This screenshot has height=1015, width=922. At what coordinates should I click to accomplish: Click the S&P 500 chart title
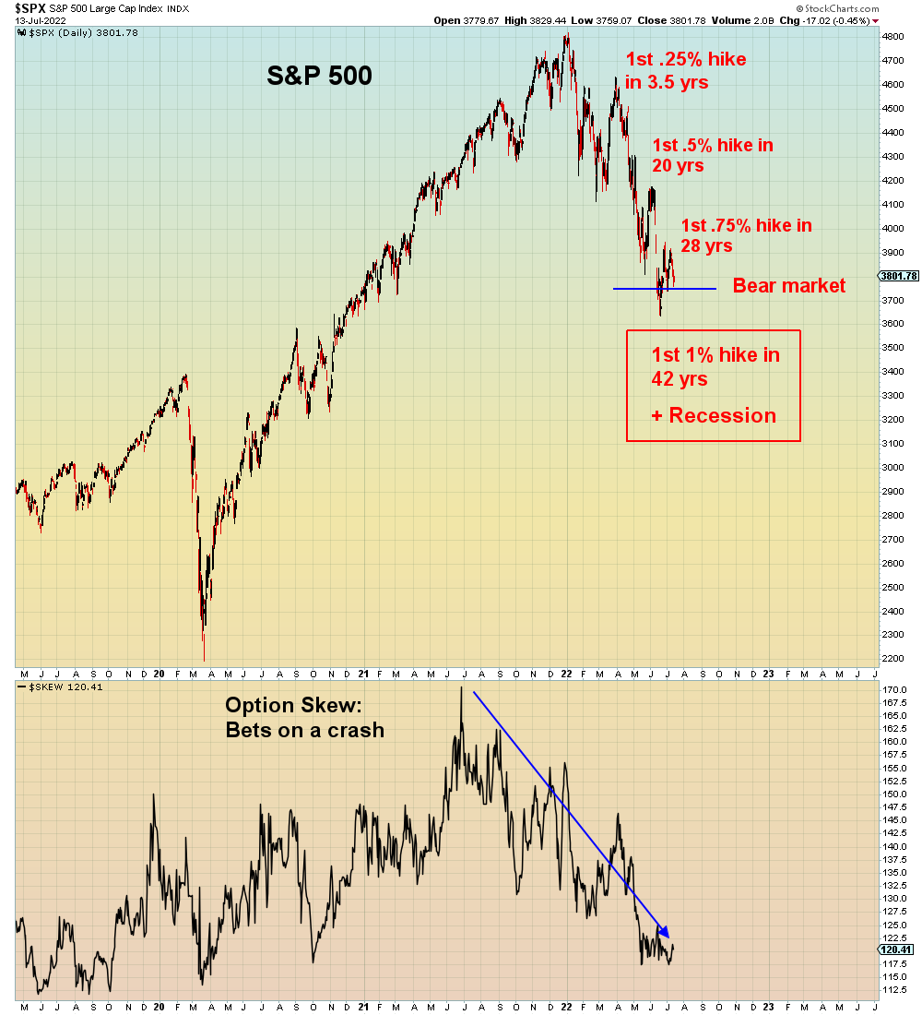tap(319, 76)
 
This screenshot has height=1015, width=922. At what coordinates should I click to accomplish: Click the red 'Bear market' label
tap(788, 286)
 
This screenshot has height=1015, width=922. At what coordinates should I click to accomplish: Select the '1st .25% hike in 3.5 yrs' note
tap(685, 70)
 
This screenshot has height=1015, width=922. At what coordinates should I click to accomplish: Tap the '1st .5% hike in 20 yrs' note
tap(712, 155)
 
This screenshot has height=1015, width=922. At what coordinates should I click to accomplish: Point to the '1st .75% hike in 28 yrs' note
tap(746, 235)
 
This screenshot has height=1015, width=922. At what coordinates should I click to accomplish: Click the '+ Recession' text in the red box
tap(713, 416)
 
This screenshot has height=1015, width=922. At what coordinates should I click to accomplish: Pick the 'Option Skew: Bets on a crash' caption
tap(304, 718)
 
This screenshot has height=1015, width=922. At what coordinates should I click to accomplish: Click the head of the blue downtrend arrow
tap(666, 932)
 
